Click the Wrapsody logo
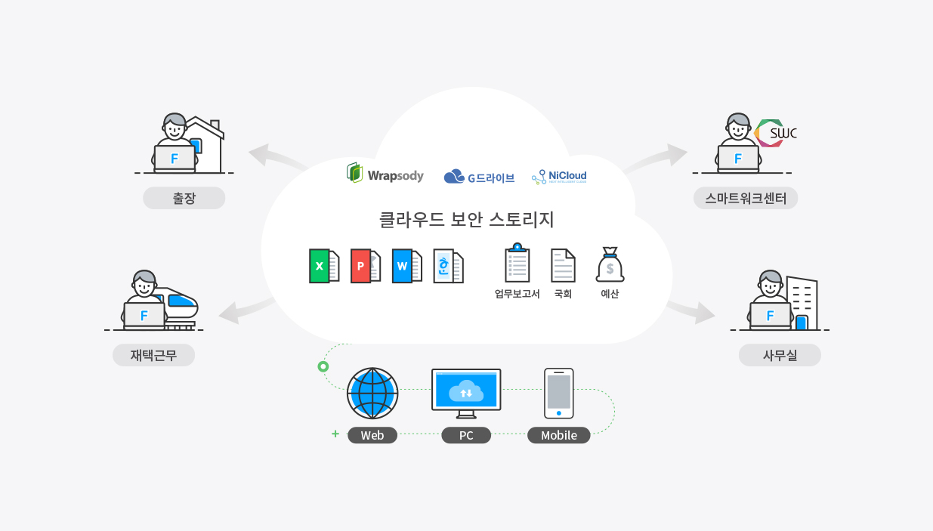click(x=385, y=174)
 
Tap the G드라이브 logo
click(x=479, y=178)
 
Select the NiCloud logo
click(x=559, y=177)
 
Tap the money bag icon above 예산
click(x=610, y=264)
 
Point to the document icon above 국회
click(x=563, y=265)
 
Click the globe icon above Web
click(x=372, y=394)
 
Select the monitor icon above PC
click(x=466, y=392)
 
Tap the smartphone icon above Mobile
click(x=559, y=393)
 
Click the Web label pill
click(x=372, y=435)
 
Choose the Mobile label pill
click(x=559, y=435)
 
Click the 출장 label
click(x=184, y=198)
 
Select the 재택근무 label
click(x=153, y=355)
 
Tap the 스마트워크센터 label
click(x=746, y=198)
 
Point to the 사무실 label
click(x=780, y=355)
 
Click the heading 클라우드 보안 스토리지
click(x=466, y=220)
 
